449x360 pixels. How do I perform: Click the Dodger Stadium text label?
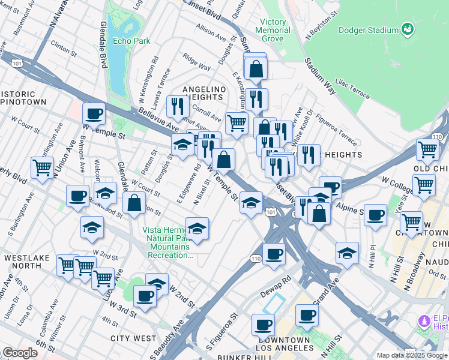tap(369, 30)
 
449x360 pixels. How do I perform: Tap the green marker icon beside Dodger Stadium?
tap(408, 29)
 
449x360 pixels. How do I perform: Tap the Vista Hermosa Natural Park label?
tap(168, 243)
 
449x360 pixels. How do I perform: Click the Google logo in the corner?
tap(20, 353)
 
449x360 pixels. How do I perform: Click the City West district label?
tap(133, 338)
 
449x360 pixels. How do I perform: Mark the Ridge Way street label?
tap(197, 64)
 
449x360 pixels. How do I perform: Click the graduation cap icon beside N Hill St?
tap(347, 253)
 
